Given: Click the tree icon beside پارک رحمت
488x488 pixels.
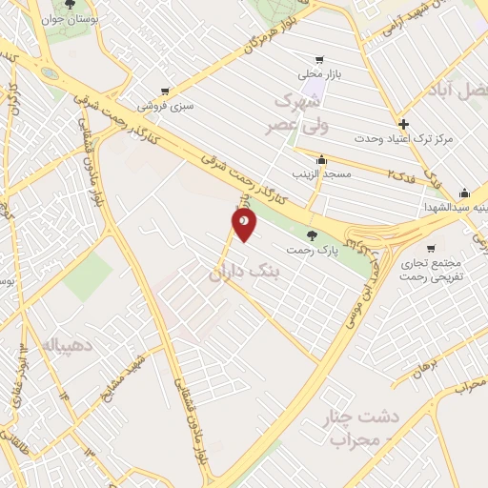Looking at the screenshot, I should (311, 234).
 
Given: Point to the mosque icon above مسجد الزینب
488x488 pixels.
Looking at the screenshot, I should (322, 159).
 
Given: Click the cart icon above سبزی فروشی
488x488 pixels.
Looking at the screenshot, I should (166, 91).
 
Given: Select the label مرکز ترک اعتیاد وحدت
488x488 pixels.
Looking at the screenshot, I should (403, 139).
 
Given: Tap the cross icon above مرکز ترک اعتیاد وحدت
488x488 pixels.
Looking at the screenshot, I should (404, 123).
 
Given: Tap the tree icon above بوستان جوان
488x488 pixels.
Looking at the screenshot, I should (70, 6).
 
